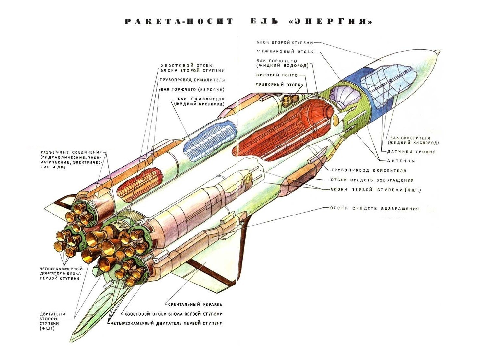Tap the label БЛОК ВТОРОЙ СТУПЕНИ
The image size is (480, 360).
(x=285, y=43)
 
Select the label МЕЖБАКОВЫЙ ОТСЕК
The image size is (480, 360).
(x=285, y=52)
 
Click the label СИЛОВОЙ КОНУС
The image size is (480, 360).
(x=277, y=75)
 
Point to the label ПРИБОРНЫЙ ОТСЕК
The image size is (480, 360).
(x=278, y=84)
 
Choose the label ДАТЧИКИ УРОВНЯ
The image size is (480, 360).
(x=411, y=152)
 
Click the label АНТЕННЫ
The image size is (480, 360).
(x=401, y=161)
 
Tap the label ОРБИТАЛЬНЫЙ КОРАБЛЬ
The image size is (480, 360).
(x=194, y=305)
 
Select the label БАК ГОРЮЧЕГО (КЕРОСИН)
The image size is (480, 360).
(x=193, y=90)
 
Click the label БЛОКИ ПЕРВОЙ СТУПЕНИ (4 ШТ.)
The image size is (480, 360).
(x=376, y=190)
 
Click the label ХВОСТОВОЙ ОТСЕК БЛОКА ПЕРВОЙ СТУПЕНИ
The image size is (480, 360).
(x=173, y=314)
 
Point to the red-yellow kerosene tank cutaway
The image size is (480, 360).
(x=140, y=184)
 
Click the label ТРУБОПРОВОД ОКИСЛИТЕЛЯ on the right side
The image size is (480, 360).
(x=369, y=170)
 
